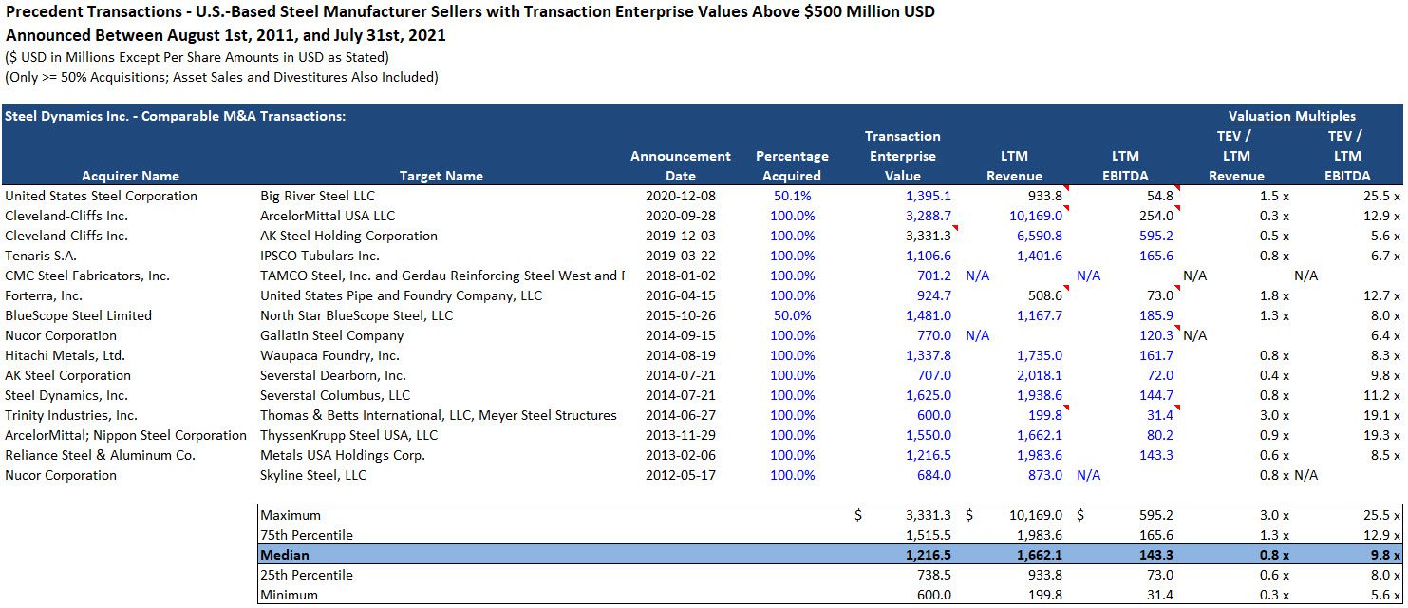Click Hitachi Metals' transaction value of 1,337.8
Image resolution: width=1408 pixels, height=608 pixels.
(924, 355)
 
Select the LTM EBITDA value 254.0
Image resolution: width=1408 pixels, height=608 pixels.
(1154, 216)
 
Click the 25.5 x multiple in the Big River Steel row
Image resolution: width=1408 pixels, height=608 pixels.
(1381, 196)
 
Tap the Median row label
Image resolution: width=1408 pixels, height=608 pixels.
(285, 555)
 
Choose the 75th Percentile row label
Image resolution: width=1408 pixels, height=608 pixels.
(306, 535)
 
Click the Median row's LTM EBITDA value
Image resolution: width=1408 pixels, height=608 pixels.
(1155, 555)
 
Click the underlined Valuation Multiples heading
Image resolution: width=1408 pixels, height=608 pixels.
(1291, 116)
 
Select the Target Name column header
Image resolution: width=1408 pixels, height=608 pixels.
(441, 176)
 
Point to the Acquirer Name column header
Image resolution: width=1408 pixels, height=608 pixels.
(130, 176)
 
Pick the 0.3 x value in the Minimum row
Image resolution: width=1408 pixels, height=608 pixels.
(1271, 595)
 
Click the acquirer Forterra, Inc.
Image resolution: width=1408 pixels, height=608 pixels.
(44, 295)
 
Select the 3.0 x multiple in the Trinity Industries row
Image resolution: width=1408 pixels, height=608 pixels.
(1271, 415)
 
